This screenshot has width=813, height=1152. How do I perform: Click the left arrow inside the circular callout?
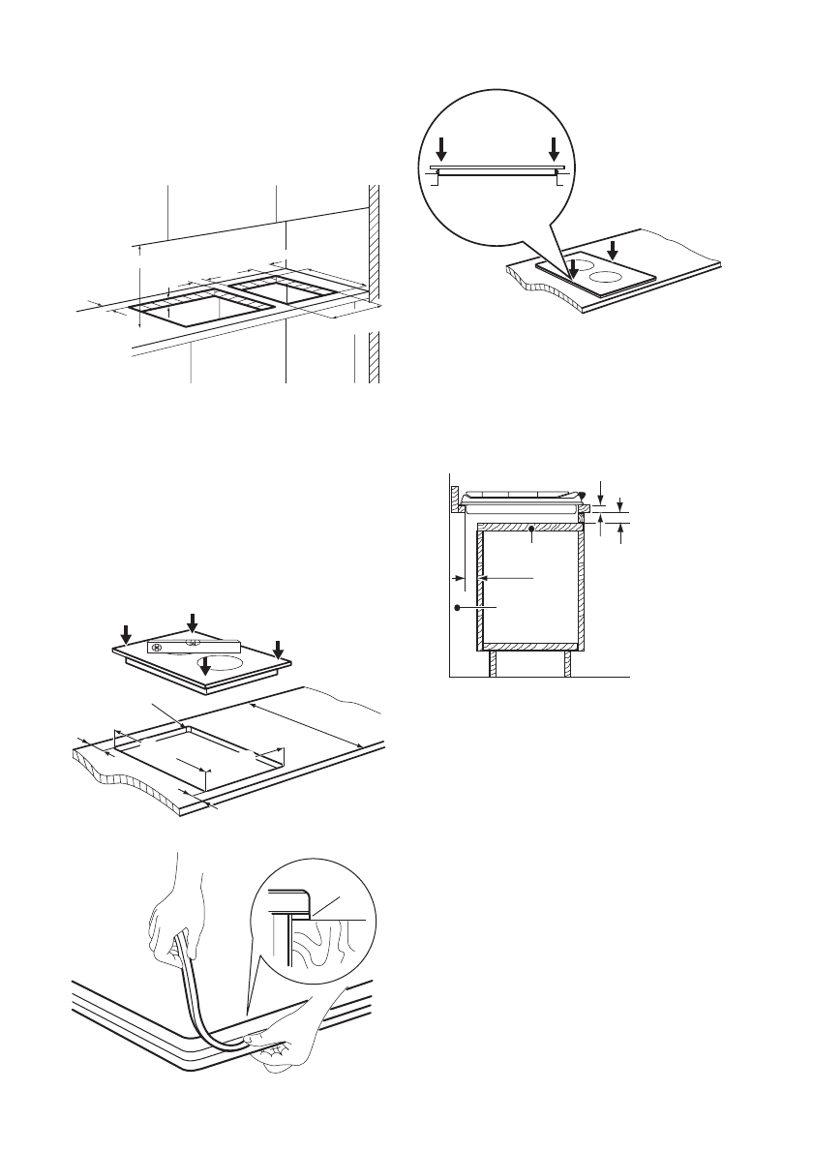click(x=442, y=149)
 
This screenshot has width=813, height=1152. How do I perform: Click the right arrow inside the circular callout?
click(x=554, y=149)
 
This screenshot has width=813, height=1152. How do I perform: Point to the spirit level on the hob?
click(x=193, y=645)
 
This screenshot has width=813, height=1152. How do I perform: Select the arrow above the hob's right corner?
click(x=278, y=647)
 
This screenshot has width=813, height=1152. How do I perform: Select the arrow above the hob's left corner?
click(x=127, y=631)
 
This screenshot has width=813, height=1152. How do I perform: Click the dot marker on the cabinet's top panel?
click(x=533, y=529)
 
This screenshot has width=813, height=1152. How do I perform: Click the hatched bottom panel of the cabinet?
click(x=529, y=645)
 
